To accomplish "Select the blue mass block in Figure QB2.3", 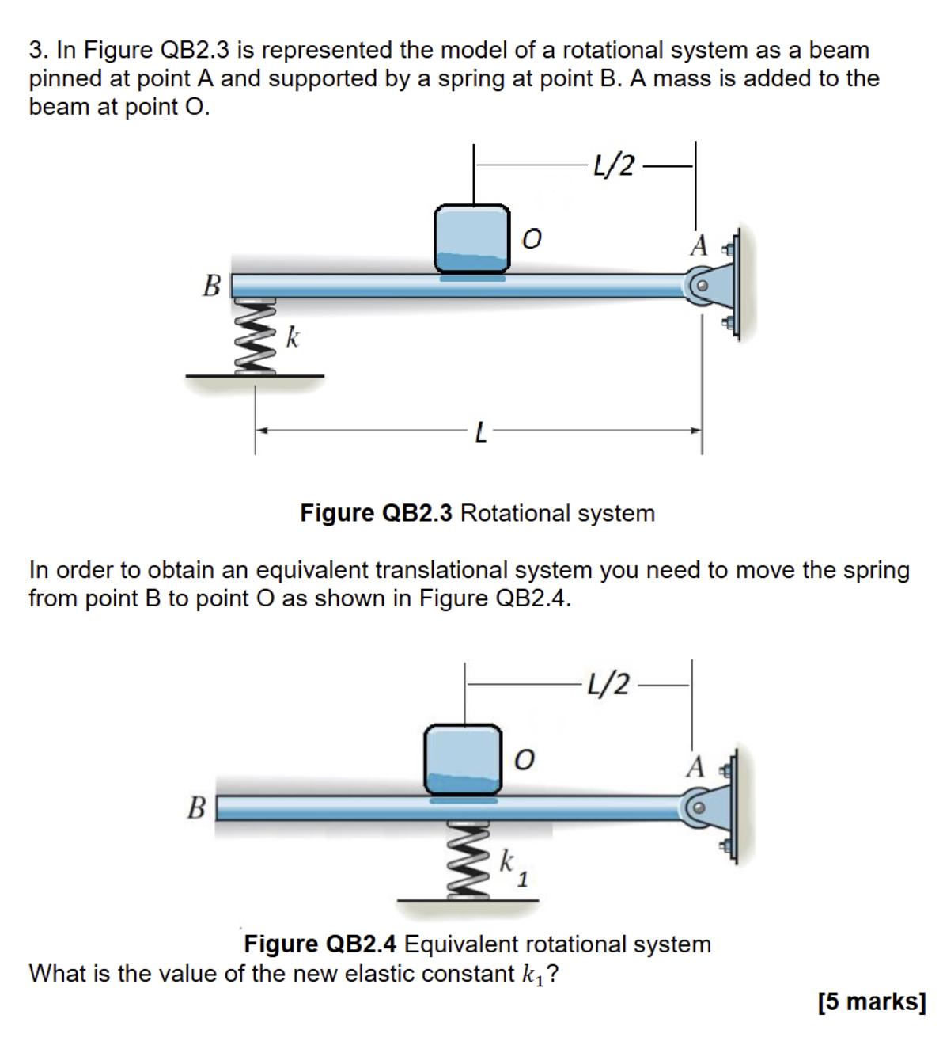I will pos(472,238).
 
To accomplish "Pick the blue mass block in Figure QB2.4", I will pos(463,758).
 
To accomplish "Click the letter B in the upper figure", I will pos(211,285).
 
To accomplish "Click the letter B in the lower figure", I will pos(195,807).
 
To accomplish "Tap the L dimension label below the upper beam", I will pos(480,432).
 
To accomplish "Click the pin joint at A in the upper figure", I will pos(701,287).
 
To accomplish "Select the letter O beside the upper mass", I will pos(532,238).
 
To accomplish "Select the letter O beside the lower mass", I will pos(524,760).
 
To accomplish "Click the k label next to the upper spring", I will pos(293,337).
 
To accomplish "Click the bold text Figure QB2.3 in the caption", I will pos(376,513).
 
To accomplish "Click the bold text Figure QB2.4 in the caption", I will pos(320,944).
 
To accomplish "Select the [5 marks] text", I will pos(872,1001).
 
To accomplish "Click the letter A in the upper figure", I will pos(699,245).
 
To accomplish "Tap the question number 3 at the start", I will pos(36,50).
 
